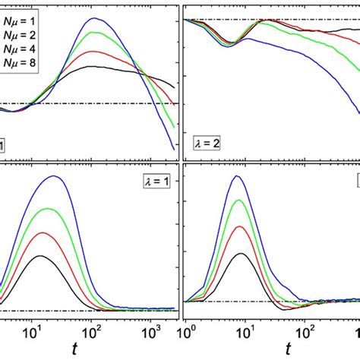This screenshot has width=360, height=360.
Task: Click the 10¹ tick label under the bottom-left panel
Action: (x=32, y=333)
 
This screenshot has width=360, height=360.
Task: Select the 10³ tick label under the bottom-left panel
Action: (x=150, y=333)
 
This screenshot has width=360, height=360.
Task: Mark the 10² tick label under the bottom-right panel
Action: (x=307, y=333)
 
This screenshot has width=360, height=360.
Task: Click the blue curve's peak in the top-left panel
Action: (x=93, y=18)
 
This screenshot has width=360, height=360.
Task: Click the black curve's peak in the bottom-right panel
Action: (x=240, y=254)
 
